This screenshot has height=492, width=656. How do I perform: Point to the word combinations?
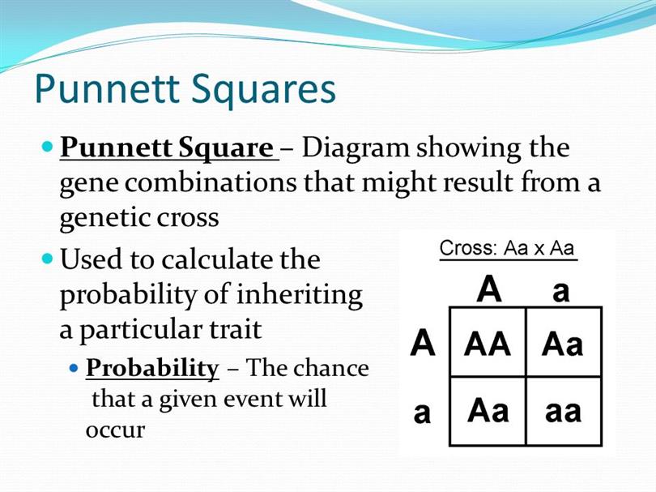tap(211, 182)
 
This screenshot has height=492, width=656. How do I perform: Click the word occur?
tap(115, 431)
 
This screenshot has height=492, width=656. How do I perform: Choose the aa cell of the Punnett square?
tap(563, 412)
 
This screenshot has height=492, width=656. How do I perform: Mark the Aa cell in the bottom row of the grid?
tap(488, 410)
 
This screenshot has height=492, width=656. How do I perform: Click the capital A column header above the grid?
tap(489, 288)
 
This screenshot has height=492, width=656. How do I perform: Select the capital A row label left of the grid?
tap(423, 342)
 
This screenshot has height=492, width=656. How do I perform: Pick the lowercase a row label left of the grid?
tap(422, 413)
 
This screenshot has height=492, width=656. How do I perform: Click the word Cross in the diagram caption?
tap(468, 248)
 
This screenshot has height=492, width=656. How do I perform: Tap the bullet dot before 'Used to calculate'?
tap(48, 258)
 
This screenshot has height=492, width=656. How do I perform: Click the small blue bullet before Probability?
tap(74, 369)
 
